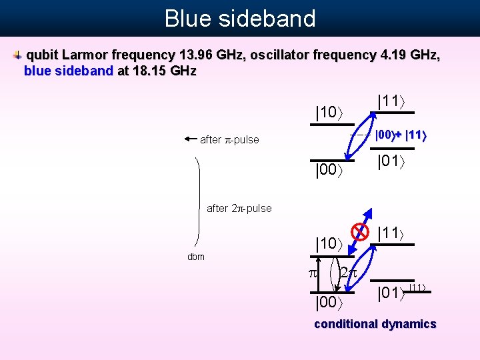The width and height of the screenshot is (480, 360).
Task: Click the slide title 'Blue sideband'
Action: [240, 18]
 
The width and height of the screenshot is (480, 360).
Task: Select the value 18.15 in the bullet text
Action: [136, 70]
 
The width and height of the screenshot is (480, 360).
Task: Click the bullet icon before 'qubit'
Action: [17, 55]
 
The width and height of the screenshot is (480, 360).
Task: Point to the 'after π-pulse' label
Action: [229, 140]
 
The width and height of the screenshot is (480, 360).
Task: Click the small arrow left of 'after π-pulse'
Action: [191, 139]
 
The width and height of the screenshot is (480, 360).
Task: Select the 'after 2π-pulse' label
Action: [239, 208]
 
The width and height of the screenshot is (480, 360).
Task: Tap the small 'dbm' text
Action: [195, 257]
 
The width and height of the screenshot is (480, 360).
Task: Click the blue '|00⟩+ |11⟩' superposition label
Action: [400, 135]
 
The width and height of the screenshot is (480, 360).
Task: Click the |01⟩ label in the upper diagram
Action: [392, 161]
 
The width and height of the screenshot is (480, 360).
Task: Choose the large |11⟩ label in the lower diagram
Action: [392, 233]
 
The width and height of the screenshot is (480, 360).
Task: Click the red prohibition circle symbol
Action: [360, 232]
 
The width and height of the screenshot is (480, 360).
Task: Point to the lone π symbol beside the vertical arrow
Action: [311, 273]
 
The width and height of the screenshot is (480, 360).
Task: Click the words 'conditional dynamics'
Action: [375, 324]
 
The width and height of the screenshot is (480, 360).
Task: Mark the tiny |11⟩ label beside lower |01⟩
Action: [417, 287]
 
